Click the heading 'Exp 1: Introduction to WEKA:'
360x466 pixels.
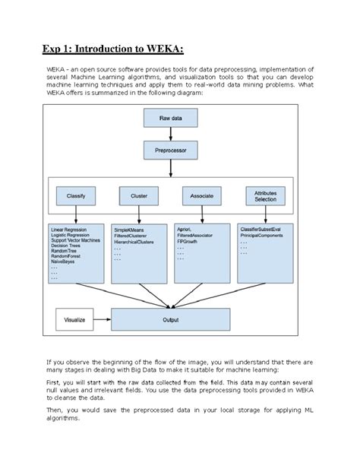pos(112,51)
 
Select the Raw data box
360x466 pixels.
pos(170,119)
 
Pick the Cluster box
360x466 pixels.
pos(138,195)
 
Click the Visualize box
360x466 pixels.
pos(74,320)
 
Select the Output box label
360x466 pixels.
pos(171,320)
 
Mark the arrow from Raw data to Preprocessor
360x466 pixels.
pos(170,134)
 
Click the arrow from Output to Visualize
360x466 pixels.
pos(103,320)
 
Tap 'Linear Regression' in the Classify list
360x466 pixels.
pos(68,229)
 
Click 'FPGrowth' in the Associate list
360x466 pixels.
pos(188,241)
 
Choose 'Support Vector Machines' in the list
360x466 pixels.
pos(74,241)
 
